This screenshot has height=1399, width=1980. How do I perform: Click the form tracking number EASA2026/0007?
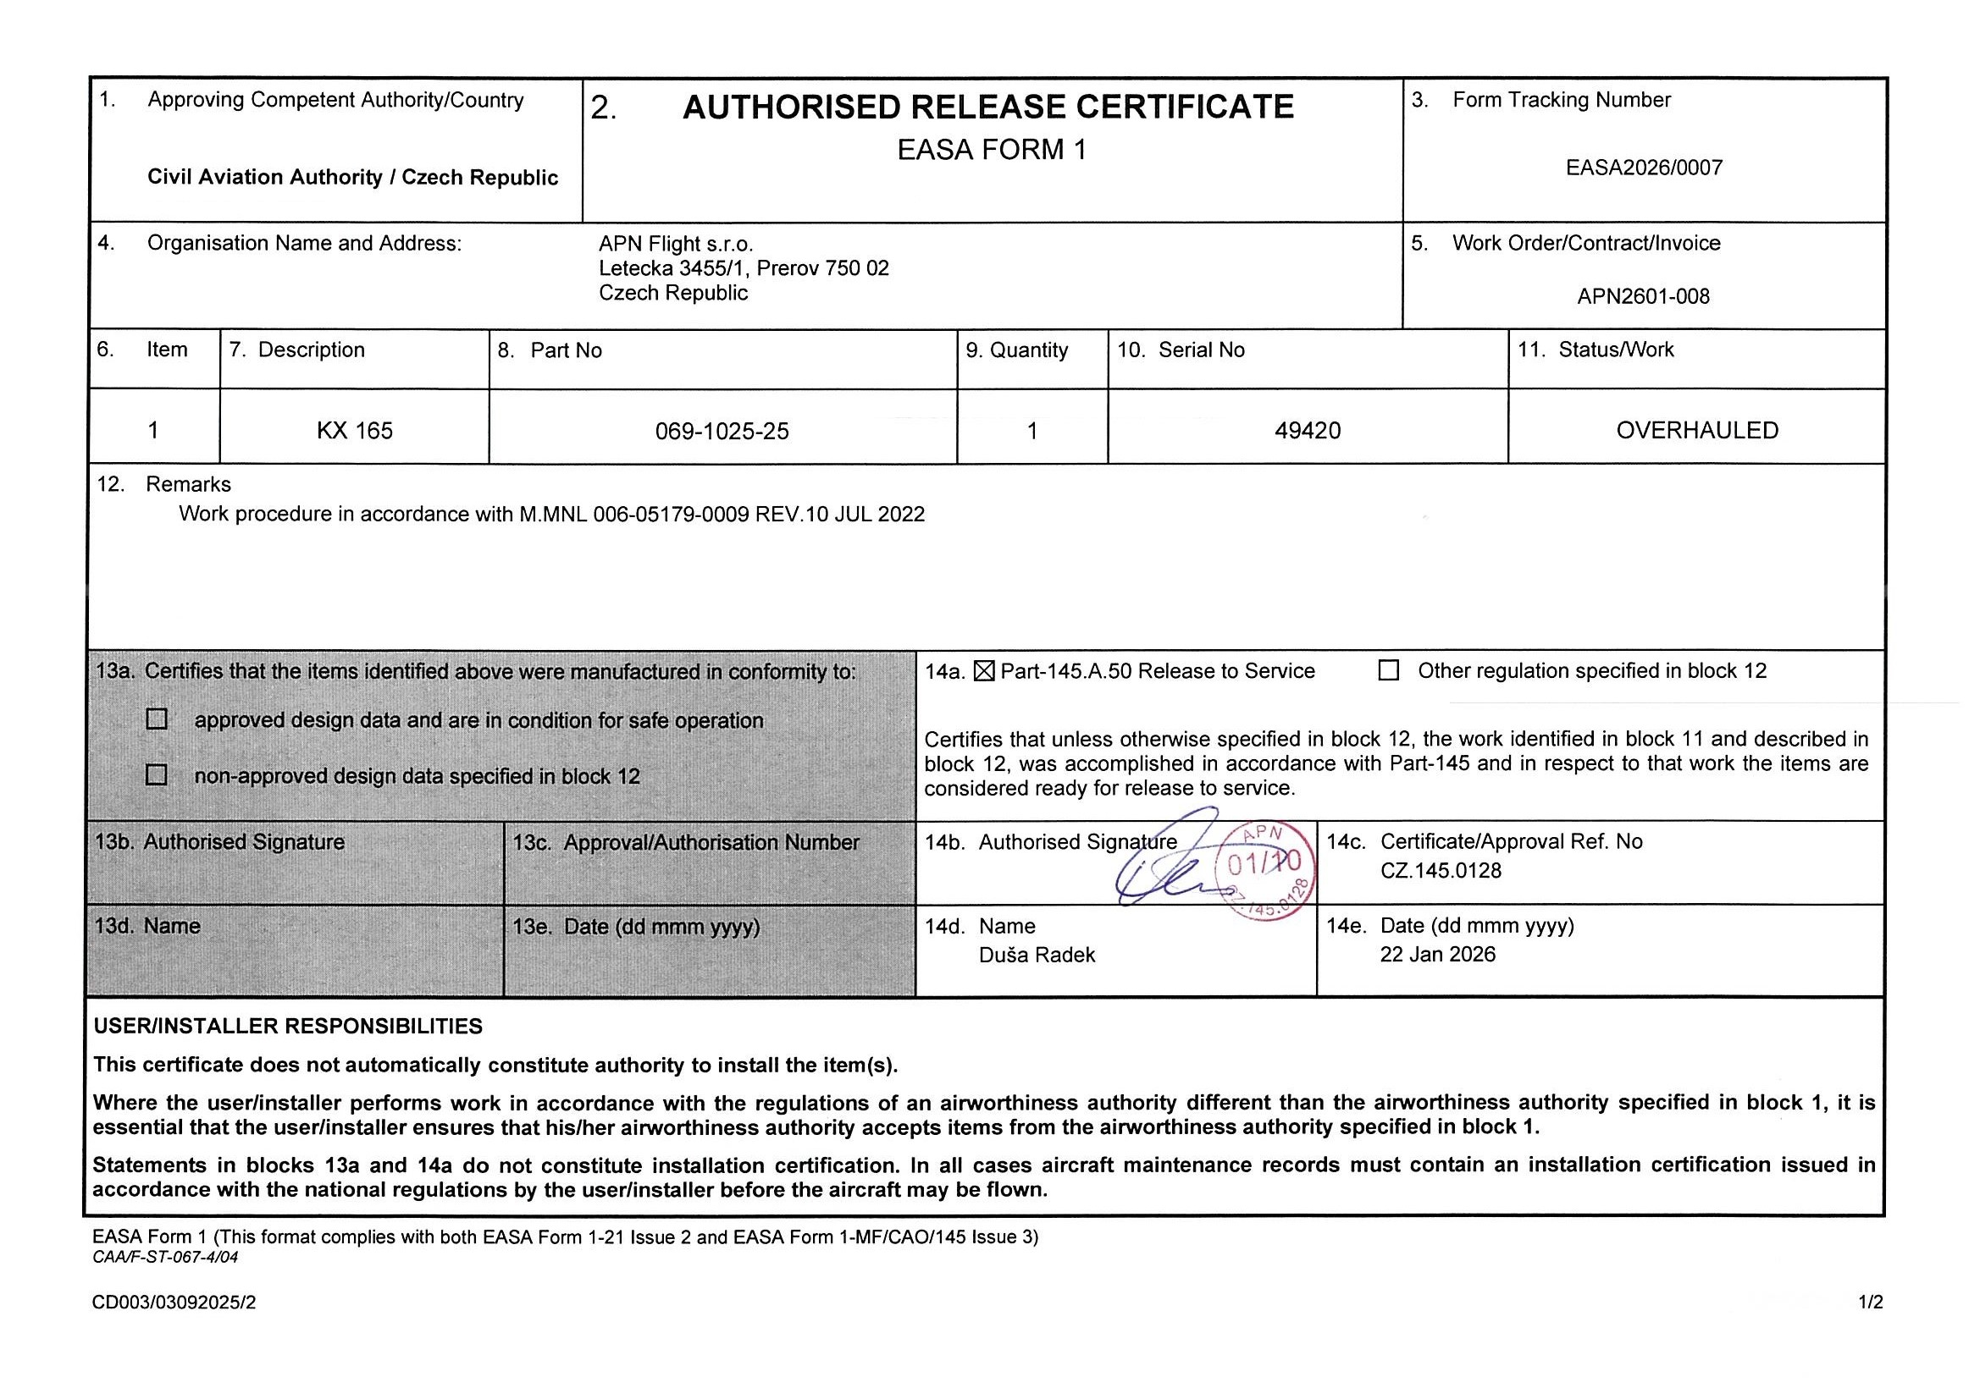point(1644,168)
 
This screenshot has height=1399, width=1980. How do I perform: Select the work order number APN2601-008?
point(1643,296)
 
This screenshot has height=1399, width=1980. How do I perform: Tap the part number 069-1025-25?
point(722,431)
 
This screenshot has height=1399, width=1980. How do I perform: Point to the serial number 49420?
point(1308,430)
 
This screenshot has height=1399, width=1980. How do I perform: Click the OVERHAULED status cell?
point(1696,430)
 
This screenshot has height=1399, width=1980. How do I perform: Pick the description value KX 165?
point(355,430)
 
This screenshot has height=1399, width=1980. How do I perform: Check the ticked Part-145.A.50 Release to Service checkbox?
point(983,670)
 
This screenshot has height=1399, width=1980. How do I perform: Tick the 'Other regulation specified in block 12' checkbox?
point(1388,670)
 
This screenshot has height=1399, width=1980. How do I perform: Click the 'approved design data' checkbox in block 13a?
point(157,719)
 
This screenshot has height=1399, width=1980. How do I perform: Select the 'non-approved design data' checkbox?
point(157,775)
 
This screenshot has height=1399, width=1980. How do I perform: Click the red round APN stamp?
point(1265,870)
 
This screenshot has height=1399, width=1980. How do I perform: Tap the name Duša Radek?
point(1037,955)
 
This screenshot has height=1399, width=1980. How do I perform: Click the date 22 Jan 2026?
point(1437,954)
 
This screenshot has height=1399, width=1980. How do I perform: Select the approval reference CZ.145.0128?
point(1441,871)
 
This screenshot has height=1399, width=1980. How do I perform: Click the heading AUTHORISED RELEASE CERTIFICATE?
point(987,107)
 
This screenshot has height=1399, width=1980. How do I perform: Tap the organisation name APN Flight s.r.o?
point(675,244)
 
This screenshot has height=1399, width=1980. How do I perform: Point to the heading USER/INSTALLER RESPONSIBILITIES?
point(288,1026)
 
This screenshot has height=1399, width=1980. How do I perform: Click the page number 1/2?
point(1871,1303)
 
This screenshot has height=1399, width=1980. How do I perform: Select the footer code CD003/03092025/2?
point(174,1303)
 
